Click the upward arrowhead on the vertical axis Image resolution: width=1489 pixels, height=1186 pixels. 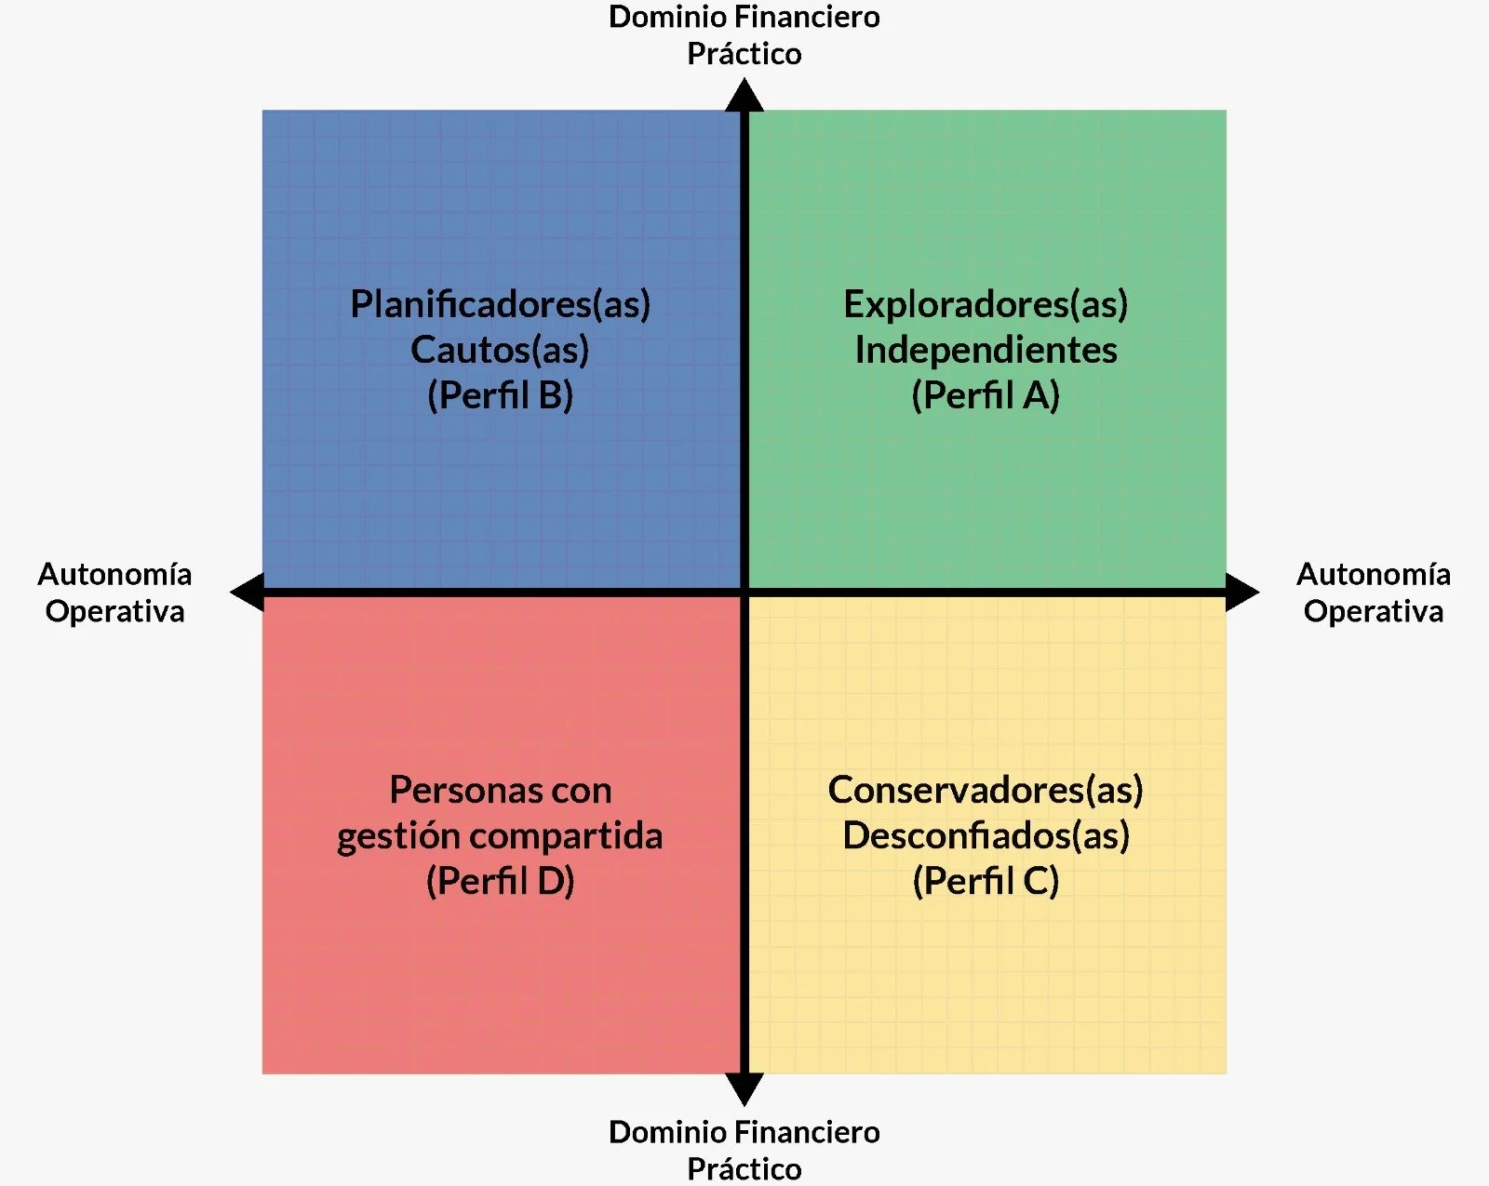pos(744,96)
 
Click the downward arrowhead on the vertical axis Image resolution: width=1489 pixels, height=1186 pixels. pos(744,1088)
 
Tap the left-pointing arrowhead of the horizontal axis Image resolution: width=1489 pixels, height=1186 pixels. pos(248,592)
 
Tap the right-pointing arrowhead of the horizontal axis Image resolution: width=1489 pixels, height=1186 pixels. pos(1242,592)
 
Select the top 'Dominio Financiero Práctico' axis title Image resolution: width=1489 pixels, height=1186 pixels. pos(744,35)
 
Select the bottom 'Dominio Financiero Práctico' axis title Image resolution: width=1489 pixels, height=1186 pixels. pos(744,1150)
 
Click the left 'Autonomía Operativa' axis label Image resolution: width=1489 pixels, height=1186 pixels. pos(114,593)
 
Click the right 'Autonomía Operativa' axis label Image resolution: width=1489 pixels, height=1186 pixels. pos(1374,593)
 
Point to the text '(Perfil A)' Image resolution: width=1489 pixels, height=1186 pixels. pos(986,395)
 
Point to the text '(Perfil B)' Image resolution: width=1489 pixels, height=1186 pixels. pos(501,395)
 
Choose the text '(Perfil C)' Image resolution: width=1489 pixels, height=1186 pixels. pos(986,881)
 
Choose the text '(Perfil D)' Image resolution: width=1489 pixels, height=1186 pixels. pos(501,881)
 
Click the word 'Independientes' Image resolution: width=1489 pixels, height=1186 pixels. pos(986,350)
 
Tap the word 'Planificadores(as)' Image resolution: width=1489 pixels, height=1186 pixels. pos(501,304)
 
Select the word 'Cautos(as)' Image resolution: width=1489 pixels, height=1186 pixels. pos(501,350)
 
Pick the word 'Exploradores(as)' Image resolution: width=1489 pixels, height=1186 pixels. pos(986,304)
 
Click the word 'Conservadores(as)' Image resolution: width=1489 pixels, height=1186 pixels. pos(986,790)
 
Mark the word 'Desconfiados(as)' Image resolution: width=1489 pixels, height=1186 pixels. pos(986,835)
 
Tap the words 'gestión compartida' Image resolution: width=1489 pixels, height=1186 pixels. pos(501,835)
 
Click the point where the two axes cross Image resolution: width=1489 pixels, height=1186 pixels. pos(744,592)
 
